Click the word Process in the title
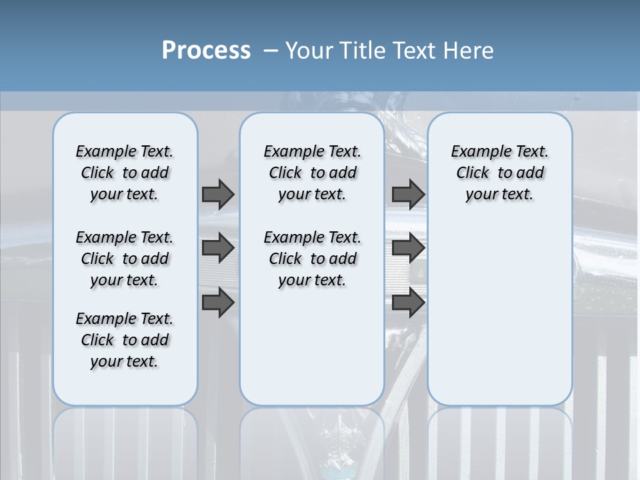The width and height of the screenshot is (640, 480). [x=206, y=50]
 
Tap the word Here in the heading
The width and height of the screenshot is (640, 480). [x=469, y=51]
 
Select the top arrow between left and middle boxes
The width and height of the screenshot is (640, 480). [x=217, y=194]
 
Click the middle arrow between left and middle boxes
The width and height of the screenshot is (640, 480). [x=217, y=249]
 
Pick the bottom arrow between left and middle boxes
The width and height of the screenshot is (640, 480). [x=217, y=302]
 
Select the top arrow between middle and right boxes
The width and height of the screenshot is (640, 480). [x=408, y=194]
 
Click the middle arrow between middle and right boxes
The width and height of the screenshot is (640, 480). [x=408, y=249]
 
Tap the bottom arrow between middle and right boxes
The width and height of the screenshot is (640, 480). [x=408, y=302]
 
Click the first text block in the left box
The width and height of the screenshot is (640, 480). [x=125, y=173]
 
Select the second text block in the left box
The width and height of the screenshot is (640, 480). [x=125, y=259]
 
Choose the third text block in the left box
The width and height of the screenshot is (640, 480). [x=125, y=340]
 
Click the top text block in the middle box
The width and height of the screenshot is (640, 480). [x=312, y=173]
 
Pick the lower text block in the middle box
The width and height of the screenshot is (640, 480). [x=312, y=259]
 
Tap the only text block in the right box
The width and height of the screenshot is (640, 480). [x=500, y=173]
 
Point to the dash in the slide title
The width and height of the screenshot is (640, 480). [x=271, y=51]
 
